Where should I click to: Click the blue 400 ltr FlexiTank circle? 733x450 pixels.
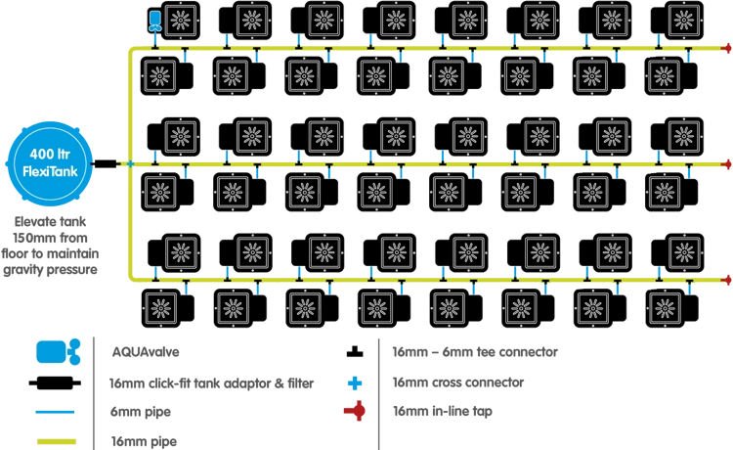tap(50, 163)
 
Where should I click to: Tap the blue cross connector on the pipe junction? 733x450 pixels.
tap(130, 163)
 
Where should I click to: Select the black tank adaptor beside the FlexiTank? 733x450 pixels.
tap(106, 163)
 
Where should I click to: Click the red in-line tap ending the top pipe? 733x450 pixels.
tap(726, 48)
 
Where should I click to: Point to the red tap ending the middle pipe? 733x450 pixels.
tap(726, 164)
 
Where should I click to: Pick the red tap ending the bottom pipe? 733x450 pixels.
tap(726, 280)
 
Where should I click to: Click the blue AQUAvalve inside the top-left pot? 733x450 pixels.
tap(154, 22)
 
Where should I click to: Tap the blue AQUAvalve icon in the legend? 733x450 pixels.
tap(59, 352)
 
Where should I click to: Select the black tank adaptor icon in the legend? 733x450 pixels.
tap(55, 383)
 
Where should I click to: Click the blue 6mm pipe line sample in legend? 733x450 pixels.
tap(55, 412)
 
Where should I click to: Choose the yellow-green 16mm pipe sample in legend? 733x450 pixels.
tap(57, 441)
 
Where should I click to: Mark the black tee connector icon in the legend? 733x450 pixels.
tap(355, 352)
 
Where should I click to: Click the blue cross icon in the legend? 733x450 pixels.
tap(355, 383)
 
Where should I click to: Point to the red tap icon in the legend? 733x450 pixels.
tap(356, 411)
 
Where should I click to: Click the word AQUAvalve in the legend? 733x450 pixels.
tap(146, 352)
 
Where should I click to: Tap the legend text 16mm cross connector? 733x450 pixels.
tap(458, 382)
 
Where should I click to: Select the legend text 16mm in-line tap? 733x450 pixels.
tap(442, 411)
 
